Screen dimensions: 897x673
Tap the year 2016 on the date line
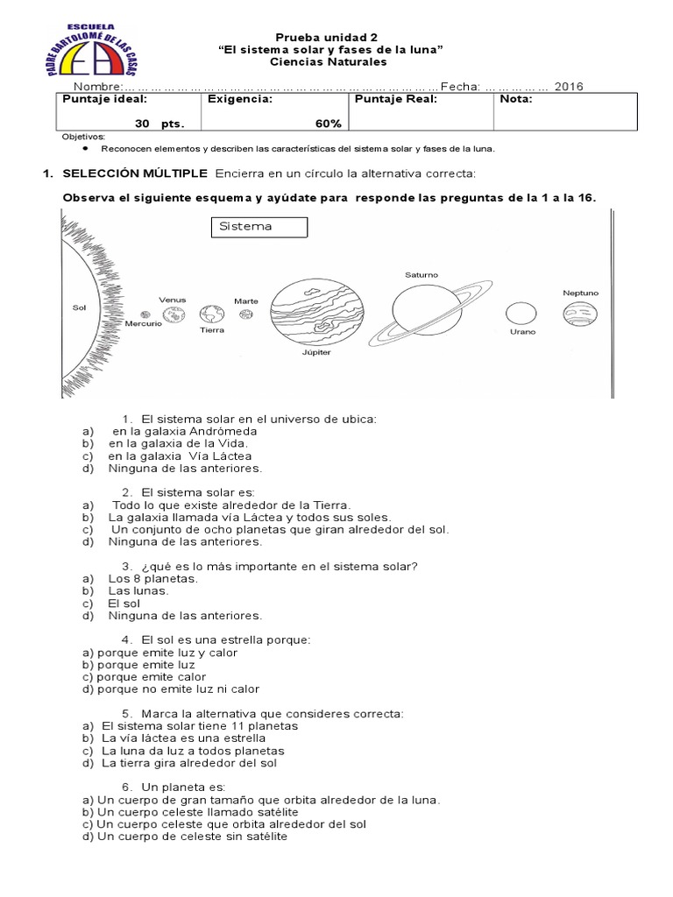[x=570, y=86]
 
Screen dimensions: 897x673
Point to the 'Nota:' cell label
[x=515, y=99]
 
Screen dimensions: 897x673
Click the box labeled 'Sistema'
[x=259, y=227]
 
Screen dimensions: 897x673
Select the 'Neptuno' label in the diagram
[x=581, y=292]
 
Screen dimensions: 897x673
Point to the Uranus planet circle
[x=520, y=314]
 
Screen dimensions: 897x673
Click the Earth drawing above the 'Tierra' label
[x=211, y=314]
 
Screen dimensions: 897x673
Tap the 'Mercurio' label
[x=144, y=324]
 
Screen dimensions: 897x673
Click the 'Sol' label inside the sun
[x=80, y=308]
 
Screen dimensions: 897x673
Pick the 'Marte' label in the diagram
[x=246, y=300]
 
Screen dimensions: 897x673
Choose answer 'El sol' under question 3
[x=124, y=604]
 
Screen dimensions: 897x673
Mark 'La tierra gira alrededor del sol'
[x=188, y=763]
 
